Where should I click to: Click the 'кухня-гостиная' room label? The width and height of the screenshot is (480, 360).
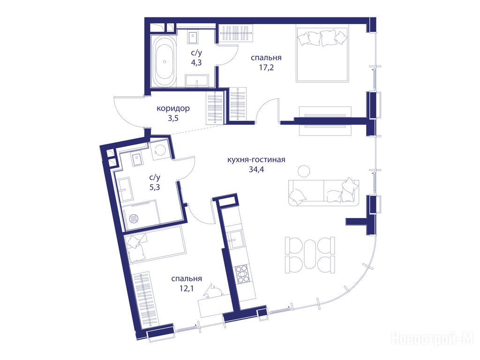coord(256,160)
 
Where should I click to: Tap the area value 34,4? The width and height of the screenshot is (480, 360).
coord(256,169)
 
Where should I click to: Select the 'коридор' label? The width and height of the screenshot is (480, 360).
coord(173,108)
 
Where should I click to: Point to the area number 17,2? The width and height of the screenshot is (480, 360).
coord(266,67)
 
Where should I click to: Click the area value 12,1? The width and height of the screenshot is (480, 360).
coord(187,288)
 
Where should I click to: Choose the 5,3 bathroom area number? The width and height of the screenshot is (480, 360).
coord(155,187)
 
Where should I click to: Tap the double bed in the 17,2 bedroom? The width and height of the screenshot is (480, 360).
coord(322,54)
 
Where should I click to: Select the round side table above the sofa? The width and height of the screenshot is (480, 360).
coord(304,171)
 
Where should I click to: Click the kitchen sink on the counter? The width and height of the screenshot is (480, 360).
coord(236,239)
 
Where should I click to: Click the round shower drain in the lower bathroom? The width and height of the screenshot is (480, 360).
coord(134,218)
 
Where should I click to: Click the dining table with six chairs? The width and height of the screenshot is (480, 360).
coord(310,255)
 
